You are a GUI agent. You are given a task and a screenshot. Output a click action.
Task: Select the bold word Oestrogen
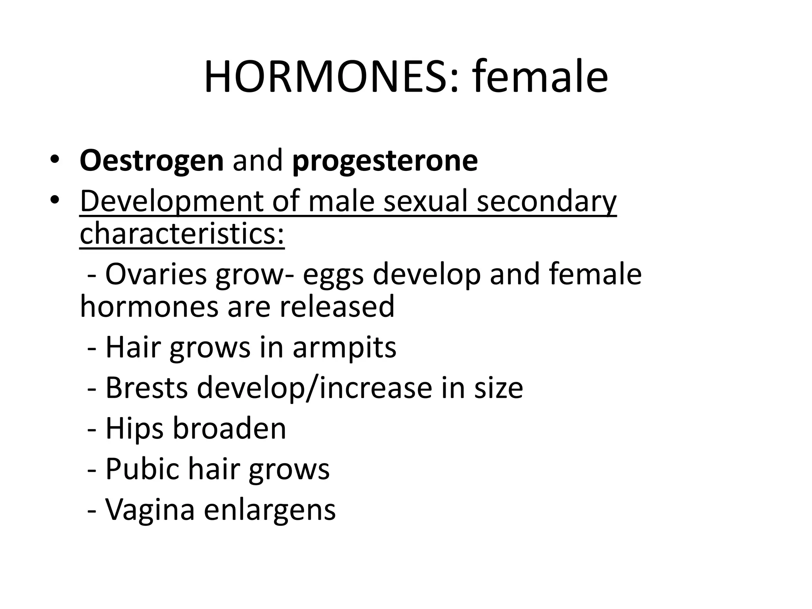point(151,161)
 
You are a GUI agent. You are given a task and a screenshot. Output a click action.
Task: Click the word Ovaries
point(156,274)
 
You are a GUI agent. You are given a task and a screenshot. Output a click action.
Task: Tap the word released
point(337,306)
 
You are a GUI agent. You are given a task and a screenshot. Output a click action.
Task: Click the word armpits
point(344,348)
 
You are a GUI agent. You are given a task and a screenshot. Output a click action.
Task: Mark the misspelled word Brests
point(146,387)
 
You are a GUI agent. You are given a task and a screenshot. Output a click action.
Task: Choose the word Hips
point(134,429)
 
